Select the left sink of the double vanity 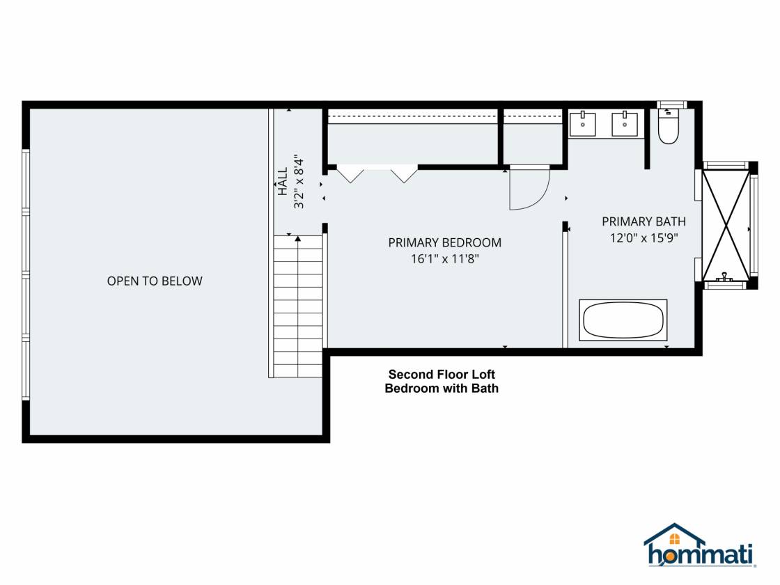point(582,123)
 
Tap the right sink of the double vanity point(624,123)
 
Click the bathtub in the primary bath point(623,320)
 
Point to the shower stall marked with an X point(726,226)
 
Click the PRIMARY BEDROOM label point(445,243)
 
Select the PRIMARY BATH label point(643,221)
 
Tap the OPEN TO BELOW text point(155,281)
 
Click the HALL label point(283,182)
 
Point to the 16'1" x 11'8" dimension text point(445,258)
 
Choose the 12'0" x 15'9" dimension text point(644,237)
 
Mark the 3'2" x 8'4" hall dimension point(299,182)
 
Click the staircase point(298,306)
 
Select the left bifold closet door point(350,175)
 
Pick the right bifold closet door point(404,175)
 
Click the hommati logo point(700,545)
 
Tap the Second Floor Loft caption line point(442,374)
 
